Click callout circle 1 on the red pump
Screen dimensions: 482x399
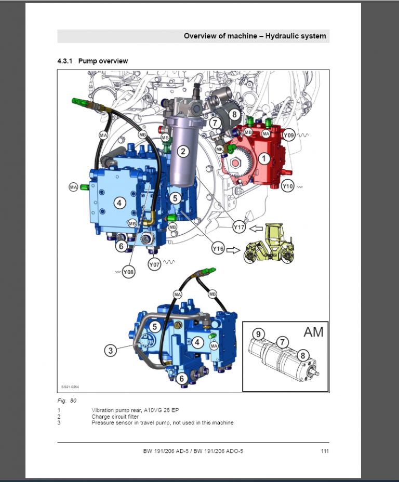coord(264,158)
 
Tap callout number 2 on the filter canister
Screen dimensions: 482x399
coord(183,152)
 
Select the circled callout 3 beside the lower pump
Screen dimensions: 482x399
coord(110,351)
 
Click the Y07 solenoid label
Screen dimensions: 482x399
coord(154,265)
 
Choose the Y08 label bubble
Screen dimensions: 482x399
coord(128,272)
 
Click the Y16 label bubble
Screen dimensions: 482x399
coord(218,249)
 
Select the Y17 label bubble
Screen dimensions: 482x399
coord(238,227)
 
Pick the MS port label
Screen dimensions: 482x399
coord(165,138)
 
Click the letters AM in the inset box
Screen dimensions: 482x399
coord(313,332)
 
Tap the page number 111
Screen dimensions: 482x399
coord(325,451)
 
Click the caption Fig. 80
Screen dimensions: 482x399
coord(66,400)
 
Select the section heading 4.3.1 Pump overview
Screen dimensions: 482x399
coord(92,61)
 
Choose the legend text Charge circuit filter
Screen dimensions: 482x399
coord(115,417)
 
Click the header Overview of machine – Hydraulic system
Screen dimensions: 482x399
coord(255,36)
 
